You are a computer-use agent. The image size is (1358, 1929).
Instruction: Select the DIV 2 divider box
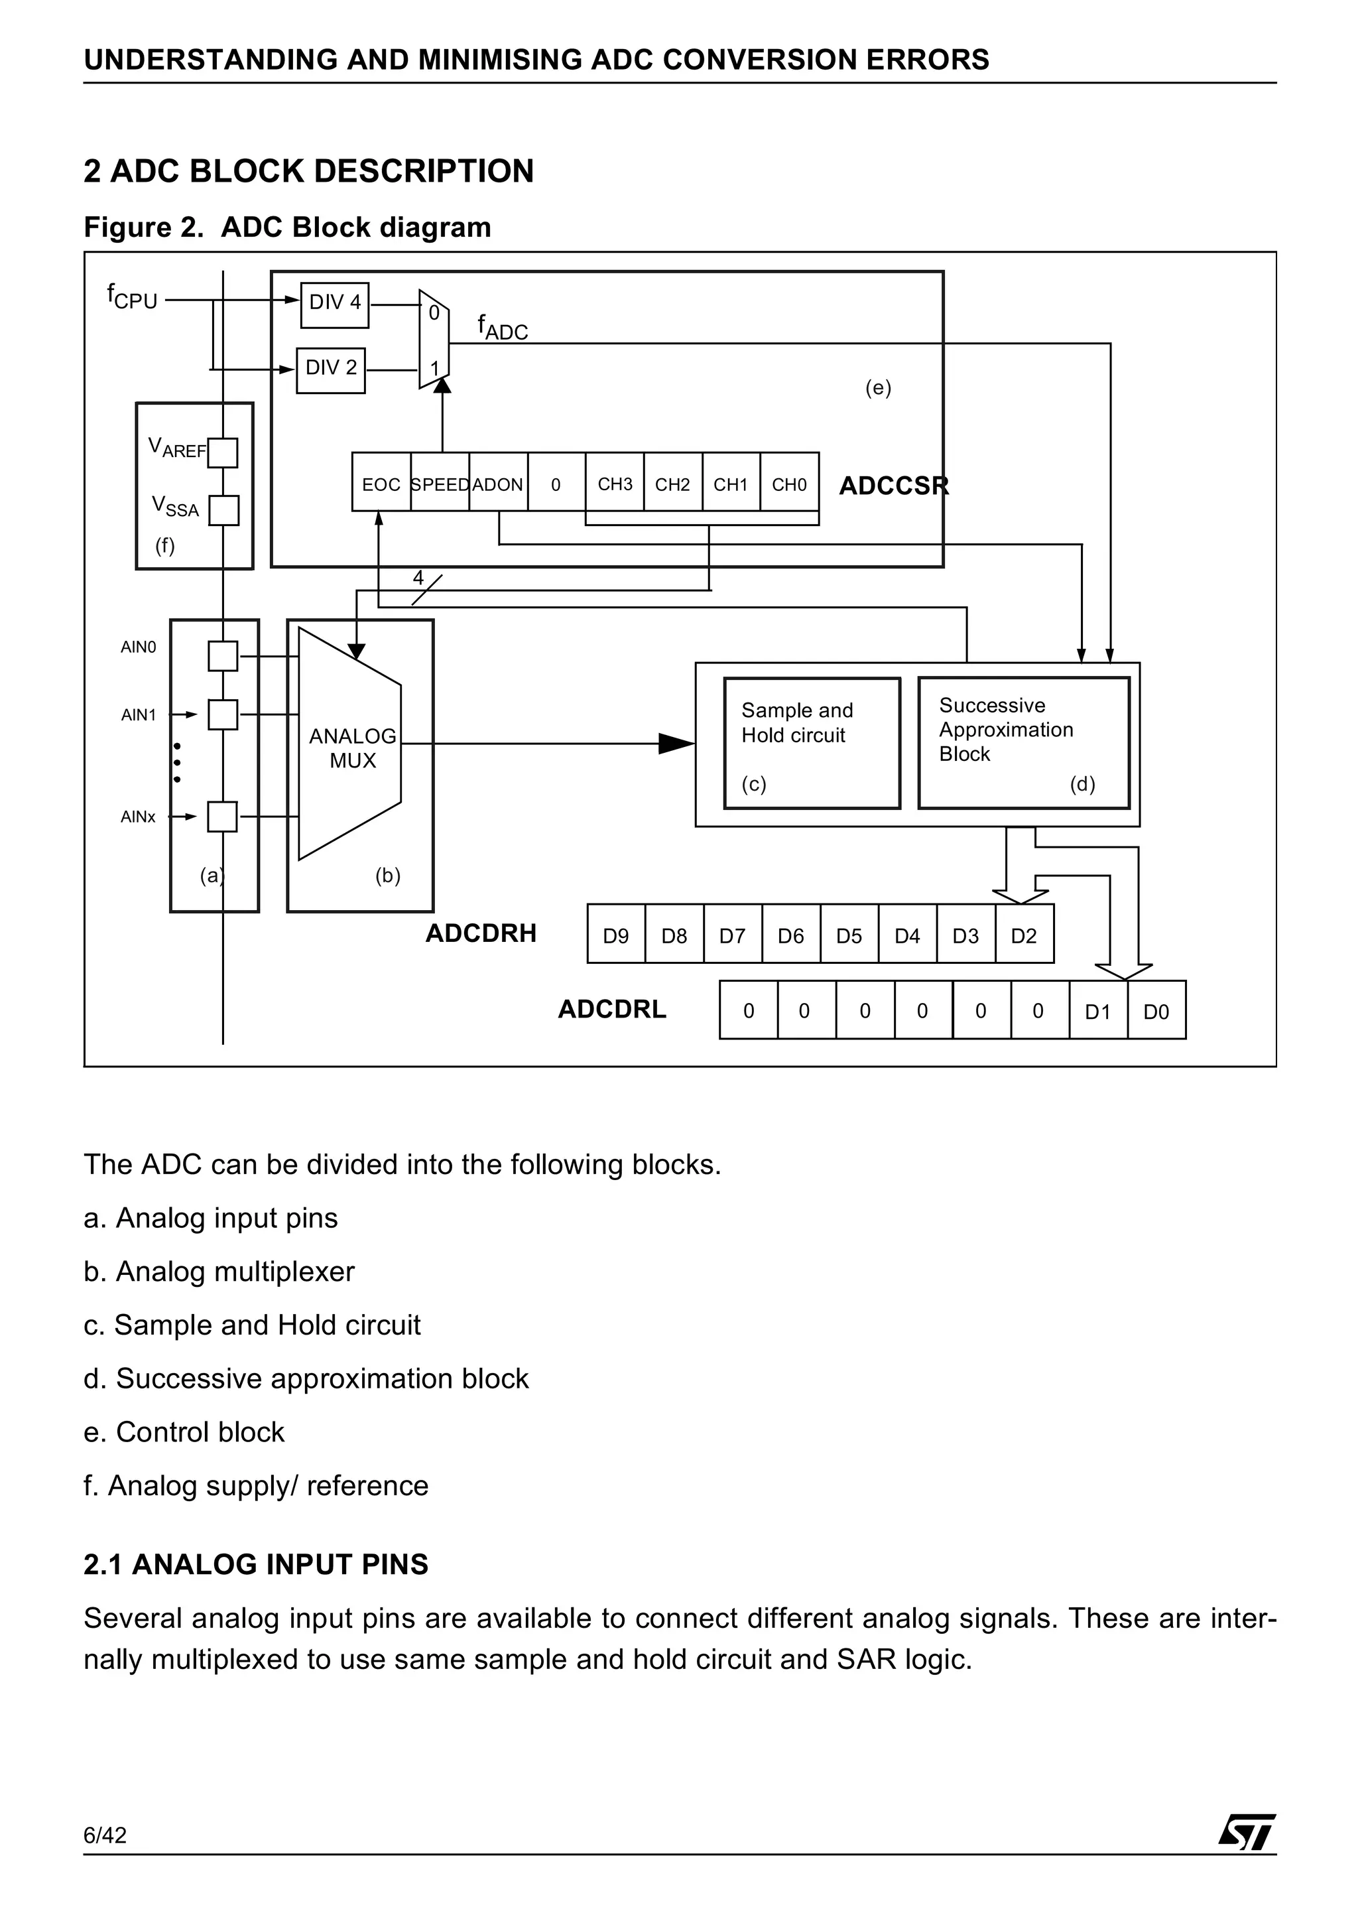[x=331, y=369]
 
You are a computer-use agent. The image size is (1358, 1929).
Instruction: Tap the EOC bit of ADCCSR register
[x=381, y=484]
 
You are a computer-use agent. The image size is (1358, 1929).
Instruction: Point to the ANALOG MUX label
[x=353, y=748]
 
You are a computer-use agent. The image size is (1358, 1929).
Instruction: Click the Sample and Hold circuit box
[x=811, y=743]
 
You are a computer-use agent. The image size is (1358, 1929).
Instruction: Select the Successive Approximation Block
[x=1023, y=743]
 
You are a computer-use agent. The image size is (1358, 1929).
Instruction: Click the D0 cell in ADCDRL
[x=1156, y=1011]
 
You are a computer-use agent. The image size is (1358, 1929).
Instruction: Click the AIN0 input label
[x=139, y=647]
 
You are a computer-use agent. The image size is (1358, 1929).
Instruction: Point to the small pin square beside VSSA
[x=223, y=510]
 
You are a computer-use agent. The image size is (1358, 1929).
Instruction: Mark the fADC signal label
[x=502, y=328]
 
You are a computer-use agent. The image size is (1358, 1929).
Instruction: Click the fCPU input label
[x=132, y=297]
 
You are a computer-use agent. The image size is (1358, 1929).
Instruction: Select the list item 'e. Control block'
[x=184, y=1431]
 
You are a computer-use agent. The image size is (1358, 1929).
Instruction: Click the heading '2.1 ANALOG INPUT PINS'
[x=255, y=1564]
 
